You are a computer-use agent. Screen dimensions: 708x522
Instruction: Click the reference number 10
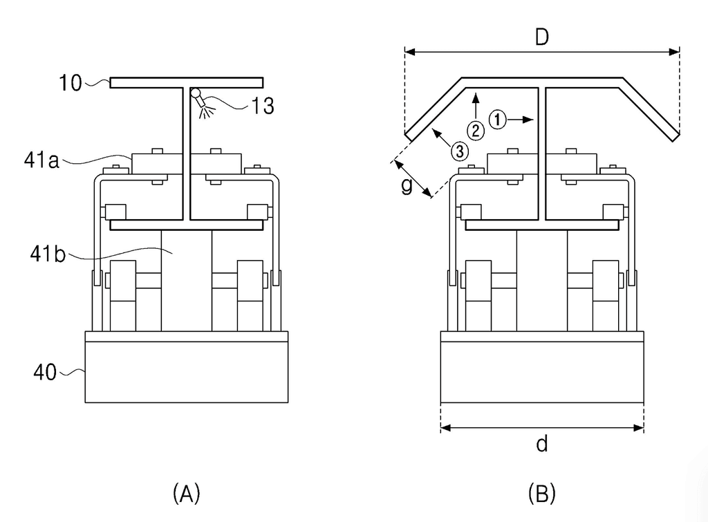click(71, 83)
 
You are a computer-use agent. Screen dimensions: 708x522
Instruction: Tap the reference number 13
click(262, 106)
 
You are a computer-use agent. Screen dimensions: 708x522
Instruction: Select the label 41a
click(41, 160)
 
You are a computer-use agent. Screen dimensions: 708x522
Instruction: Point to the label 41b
click(48, 254)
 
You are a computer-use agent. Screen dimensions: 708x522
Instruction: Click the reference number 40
click(45, 373)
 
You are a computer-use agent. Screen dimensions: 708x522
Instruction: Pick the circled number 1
click(498, 120)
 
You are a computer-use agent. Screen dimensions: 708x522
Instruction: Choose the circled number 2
click(476, 131)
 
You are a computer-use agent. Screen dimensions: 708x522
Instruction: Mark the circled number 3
click(460, 151)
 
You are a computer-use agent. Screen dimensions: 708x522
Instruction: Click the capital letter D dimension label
click(542, 37)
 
